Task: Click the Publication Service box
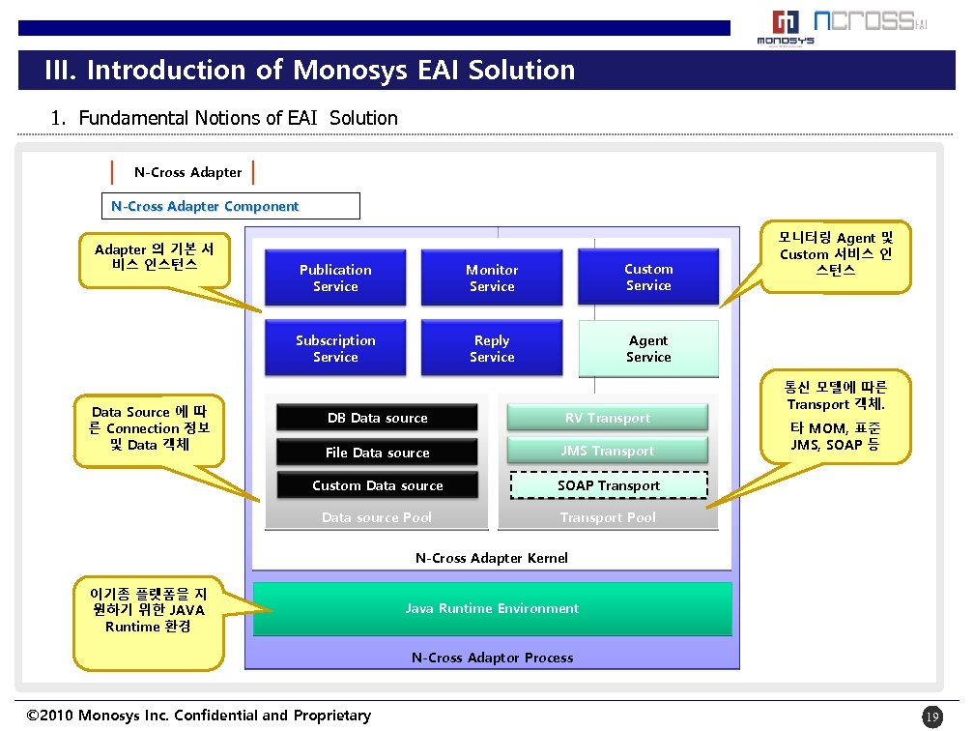click(335, 278)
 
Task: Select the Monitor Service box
click(492, 278)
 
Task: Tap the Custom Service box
click(648, 277)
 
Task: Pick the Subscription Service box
click(335, 348)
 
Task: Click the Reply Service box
click(492, 348)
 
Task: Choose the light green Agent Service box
click(648, 348)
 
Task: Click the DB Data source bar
click(377, 418)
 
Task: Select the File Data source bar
click(377, 453)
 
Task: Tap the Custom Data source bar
click(377, 485)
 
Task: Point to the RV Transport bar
click(608, 418)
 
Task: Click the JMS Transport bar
click(608, 451)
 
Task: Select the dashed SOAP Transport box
click(608, 485)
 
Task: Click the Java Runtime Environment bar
click(492, 608)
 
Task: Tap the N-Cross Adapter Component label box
click(230, 206)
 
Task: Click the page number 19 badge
click(931, 716)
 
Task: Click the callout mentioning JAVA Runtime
click(148, 609)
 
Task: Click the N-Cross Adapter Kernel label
click(492, 558)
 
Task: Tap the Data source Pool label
click(377, 517)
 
